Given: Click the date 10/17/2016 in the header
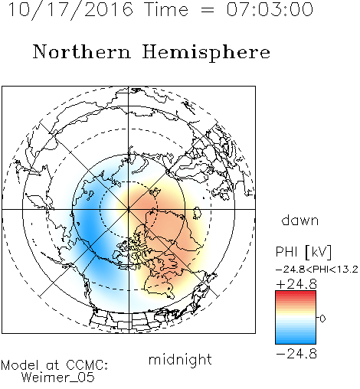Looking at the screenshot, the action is pyautogui.click(x=70, y=10).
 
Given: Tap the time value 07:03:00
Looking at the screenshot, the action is pyautogui.click(x=270, y=9).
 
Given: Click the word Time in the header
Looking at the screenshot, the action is pyautogui.click(x=166, y=9).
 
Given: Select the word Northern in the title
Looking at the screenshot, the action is pyautogui.click(x=82, y=52).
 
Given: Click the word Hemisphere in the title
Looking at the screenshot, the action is pyautogui.click(x=206, y=53).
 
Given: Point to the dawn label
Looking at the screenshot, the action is pyautogui.click(x=300, y=220).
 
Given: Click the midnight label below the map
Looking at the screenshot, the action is pyautogui.click(x=180, y=359).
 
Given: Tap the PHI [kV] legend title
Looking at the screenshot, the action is pyautogui.click(x=303, y=252).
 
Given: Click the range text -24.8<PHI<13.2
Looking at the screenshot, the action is pyautogui.click(x=317, y=270).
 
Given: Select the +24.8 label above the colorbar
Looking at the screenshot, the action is pyautogui.click(x=296, y=284).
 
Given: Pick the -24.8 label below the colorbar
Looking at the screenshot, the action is pyautogui.click(x=296, y=354).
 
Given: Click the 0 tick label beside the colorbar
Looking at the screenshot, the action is pyautogui.click(x=322, y=319).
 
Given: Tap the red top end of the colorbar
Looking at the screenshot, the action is pyautogui.click(x=296, y=293).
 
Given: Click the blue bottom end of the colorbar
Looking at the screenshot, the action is pyautogui.click(x=296, y=342).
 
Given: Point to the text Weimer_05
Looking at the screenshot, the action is pyautogui.click(x=58, y=378).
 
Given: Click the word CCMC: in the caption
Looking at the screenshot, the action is pyautogui.click(x=87, y=365).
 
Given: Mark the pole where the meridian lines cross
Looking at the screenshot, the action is pyautogui.click(x=129, y=209).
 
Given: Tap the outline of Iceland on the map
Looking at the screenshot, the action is pyautogui.click(x=196, y=213).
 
